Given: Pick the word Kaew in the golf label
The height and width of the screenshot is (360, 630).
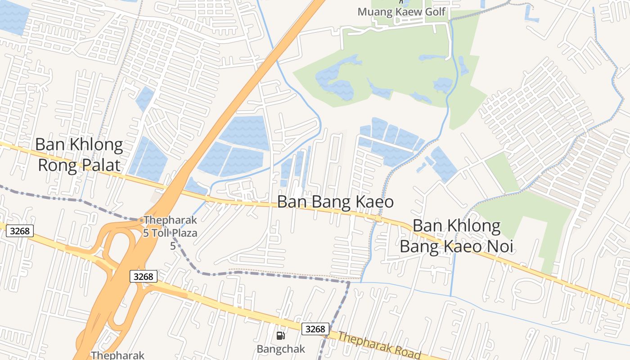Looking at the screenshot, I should pos(405,12).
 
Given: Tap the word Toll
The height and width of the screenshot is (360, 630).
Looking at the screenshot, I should pos(161,233).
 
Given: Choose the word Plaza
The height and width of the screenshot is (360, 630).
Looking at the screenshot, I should pos(184,233).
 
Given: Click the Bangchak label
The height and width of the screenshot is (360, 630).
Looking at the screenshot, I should pos(281,349).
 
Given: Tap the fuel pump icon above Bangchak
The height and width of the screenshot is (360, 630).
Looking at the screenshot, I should pos(281,335).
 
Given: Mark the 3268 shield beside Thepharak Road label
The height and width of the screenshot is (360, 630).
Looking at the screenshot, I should pos(315,329).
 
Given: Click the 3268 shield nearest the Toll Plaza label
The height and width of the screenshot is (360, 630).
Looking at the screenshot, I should pos(144,276).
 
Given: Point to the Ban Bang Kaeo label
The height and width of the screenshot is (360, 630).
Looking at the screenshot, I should pos(335,202).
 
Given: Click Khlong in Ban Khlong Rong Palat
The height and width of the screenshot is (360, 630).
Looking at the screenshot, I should pos(94,145).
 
